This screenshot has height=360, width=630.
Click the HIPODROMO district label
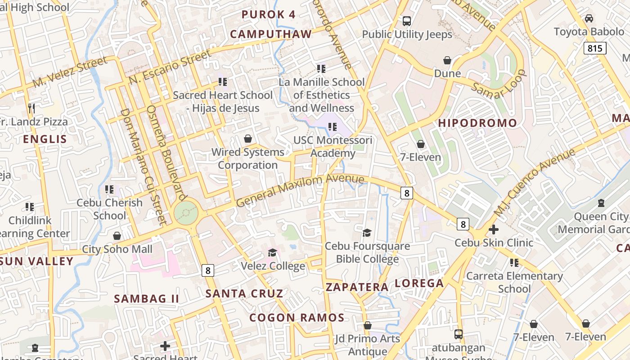[477, 123]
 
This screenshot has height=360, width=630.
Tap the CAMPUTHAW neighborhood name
[271, 34]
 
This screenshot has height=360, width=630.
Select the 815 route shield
[594, 48]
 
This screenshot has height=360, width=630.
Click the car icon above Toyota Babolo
[589, 18]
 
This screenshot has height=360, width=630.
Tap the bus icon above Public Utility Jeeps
[407, 21]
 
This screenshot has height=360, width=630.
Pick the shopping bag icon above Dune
[447, 60]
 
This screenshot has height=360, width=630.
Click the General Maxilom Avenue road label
[300, 190]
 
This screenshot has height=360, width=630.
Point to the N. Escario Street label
[170, 67]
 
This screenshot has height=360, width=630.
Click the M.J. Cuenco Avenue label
[535, 182]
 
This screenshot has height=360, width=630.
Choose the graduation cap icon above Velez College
[272, 252]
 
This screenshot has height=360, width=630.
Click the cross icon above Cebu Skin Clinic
[493, 229]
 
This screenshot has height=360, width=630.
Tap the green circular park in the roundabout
[186, 212]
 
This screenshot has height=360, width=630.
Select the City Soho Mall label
[117, 249]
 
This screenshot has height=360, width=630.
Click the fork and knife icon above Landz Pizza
[31, 108]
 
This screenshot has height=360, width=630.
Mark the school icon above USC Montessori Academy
[333, 127]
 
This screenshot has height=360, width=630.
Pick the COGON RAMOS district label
[297, 318]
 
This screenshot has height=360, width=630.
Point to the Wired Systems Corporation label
[248, 158]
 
